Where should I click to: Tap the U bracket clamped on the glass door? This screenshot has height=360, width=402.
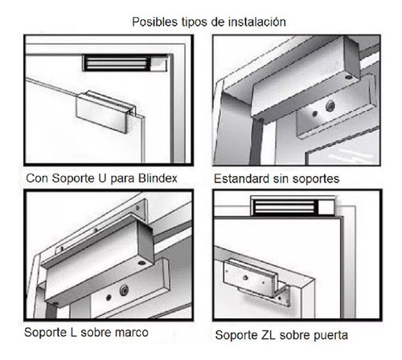tap(104, 108)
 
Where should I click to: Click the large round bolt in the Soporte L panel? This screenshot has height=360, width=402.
tap(124, 290)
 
